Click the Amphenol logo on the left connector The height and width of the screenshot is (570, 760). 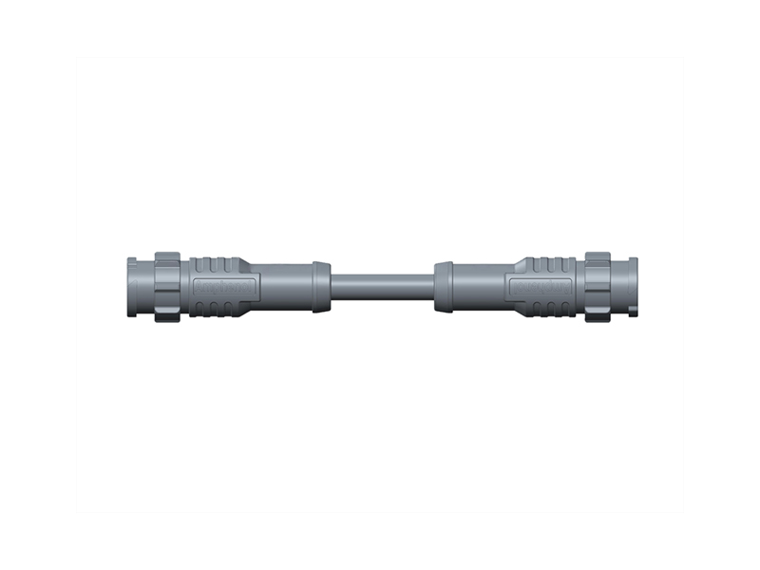click(219, 286)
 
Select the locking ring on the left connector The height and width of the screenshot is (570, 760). click(167, 285)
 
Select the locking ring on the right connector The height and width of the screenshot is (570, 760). click(597, 285)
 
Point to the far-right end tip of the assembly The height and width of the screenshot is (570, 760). click(636, 285)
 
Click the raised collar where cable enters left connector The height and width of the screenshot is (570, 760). click(322, 285)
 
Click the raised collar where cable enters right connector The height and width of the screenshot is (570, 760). click(443, 285)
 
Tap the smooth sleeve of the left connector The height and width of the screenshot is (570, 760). click(282, 285)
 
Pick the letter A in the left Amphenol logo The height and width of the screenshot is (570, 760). click(199, 286)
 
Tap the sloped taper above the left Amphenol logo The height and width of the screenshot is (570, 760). click(245, 267)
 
